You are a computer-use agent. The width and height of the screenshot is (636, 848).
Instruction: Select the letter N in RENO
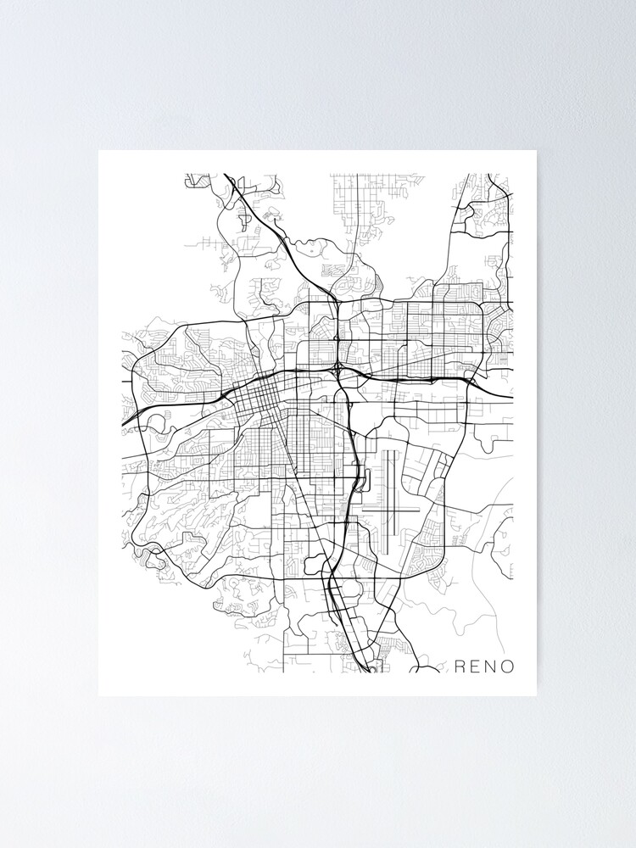pos(491,666)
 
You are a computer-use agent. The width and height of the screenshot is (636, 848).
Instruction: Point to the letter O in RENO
pos(507,666)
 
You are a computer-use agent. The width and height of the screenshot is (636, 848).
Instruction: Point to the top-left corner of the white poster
pos(99,151)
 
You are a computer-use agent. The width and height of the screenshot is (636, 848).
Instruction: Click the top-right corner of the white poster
pos(536,151)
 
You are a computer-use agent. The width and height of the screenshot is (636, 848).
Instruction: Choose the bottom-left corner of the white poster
pos(99,695)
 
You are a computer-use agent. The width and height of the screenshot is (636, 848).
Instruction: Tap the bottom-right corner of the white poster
pos(536,695)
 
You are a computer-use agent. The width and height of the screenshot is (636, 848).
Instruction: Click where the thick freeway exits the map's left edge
pos(125,422)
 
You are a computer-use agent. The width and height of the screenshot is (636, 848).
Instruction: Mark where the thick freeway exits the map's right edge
pos(511,396)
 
